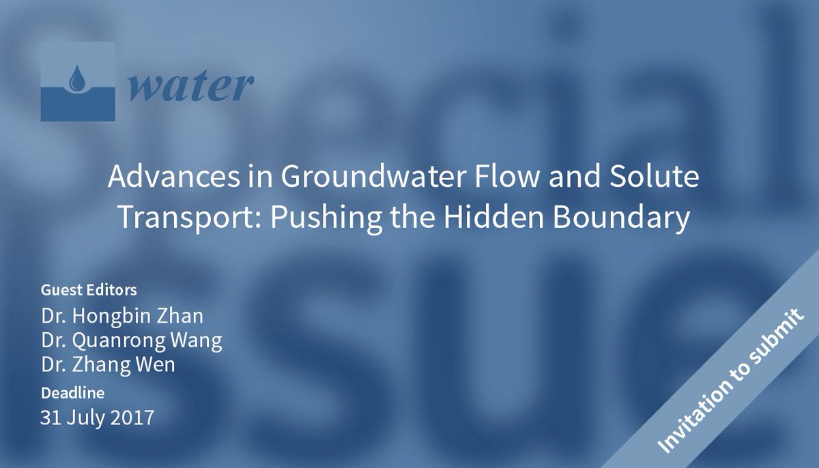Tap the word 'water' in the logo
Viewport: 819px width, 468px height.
[x=190, y=85]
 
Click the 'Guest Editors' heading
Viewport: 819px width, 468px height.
[x=89, y=290]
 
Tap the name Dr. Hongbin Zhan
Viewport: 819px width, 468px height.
[x=122, y=317]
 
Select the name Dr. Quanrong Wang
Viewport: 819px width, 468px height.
[x=131, y=340]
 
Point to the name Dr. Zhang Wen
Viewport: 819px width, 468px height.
[x=108, y=364]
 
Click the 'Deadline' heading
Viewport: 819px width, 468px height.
[x=72, y=394]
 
